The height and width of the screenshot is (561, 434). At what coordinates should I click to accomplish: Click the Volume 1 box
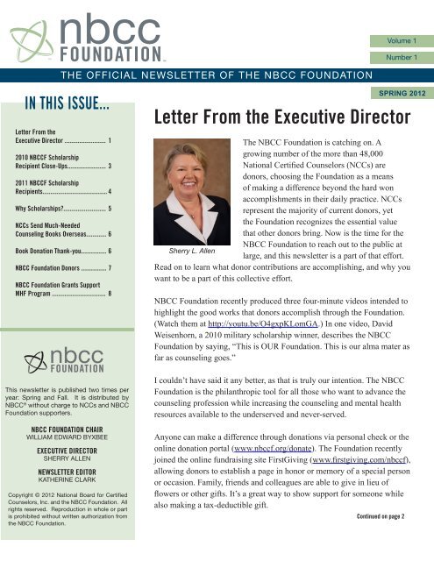(402, 40)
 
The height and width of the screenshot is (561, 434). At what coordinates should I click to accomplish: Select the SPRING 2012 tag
(402, 91)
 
